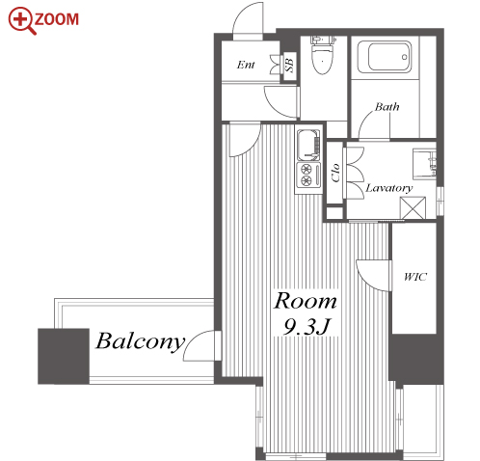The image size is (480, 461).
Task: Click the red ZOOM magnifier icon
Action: pyautogui.click(x=21, y=20)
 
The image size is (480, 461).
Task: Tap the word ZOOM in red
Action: pyautogui.click(x=57, y=19)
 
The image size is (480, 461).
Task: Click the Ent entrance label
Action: pyautogui.click(x=246, y=65)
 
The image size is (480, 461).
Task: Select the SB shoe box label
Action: pyautogui.click(x=289, y=65)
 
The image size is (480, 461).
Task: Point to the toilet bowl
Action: pyautogui.click(x=323, y=55)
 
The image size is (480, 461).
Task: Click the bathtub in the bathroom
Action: pyautogui.click(x=385, y=57)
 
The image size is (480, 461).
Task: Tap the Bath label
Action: pyautogui.click(x=387, y=106)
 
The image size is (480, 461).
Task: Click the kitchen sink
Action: pyautogui.click(x=308, y=145)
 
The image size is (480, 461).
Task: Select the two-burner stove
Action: pyautogui.click(x=308, y=175)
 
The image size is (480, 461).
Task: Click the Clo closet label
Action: pyautogui.click(x=335, y=173)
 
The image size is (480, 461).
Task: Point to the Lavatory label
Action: pyautogui.click(x=389, y=188)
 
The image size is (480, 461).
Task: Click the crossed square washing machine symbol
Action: pyautogui.click(x=413, y=207)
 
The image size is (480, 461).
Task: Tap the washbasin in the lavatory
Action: pyautogui.click(x=424, y=163)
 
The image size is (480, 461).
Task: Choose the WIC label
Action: pyautogui.click(x=415, y=277)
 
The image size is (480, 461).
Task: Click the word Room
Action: pyautogui.click(x=306, y=301)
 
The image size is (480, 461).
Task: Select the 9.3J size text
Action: pyautogui.click(x=307, y=326)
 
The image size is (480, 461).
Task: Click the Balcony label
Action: pyautogui.click(x=141, y=341)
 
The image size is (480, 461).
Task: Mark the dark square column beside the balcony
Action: pyautogui.click(x=64, y=356)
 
